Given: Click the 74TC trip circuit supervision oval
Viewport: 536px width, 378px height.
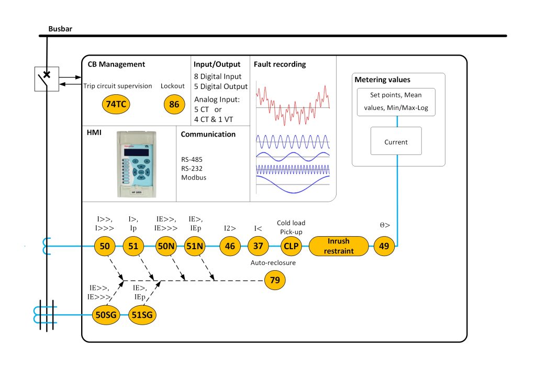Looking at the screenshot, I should pyautogui.click(x=115, y=104).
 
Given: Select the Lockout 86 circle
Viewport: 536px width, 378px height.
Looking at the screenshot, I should pyautogui.click(x=174, y=104).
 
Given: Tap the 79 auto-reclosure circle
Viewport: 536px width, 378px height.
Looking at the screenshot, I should pyautogui.click(x=275, y=281).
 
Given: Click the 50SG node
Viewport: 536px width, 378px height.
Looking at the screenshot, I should pyautogui.click(x=106, y=315).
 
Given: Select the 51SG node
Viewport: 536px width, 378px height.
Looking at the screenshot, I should pyautogui.click(x=142, y=315).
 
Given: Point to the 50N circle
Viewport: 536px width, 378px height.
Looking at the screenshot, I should pyautogui.click(x=166, y=246).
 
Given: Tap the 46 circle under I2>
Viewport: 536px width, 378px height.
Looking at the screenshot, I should pyautogui.click(x=230, y=246).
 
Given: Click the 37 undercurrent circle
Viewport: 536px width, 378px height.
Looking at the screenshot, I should pyautogui.click(x=258, y=246).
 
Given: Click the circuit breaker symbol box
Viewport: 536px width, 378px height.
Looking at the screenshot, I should pyautogui.click(x=46, y=79).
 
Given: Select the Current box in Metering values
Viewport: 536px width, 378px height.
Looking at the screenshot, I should pyautogui.click(x=396, y=141).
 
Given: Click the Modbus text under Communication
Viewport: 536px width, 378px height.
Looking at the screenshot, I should pyautogui.click(x=193, y=177).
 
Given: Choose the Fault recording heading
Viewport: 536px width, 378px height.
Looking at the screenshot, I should pyautogui.click(x=280, y=64).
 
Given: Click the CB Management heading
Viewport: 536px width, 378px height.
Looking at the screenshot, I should pyautogui.click(x=116, y=64).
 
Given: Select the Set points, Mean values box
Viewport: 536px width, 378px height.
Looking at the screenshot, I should pyautogui.click(x=396, y=102).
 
